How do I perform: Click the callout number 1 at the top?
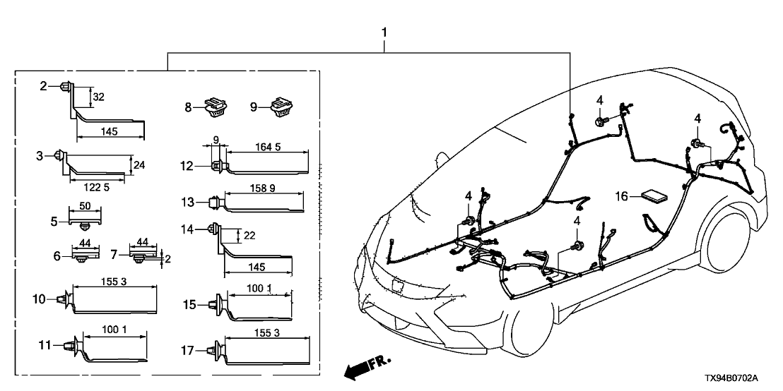[x=384, y=32]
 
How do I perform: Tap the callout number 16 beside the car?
[x=622, y=196]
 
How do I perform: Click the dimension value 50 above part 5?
[x=85, y=207]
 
